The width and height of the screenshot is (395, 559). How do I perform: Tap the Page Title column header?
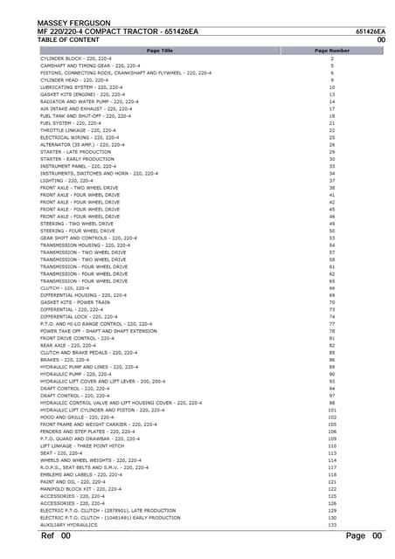(160, 51)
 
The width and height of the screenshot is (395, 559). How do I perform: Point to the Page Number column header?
(332, 51)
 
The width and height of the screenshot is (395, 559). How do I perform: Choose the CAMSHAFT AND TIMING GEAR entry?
(90, 66)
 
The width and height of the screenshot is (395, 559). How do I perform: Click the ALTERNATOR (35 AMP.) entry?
(86, 144)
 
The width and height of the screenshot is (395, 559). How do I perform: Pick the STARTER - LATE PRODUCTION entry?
(76, 152)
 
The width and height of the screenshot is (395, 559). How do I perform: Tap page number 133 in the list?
(332, 524)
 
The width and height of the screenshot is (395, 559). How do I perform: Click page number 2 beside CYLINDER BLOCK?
(332, 59)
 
